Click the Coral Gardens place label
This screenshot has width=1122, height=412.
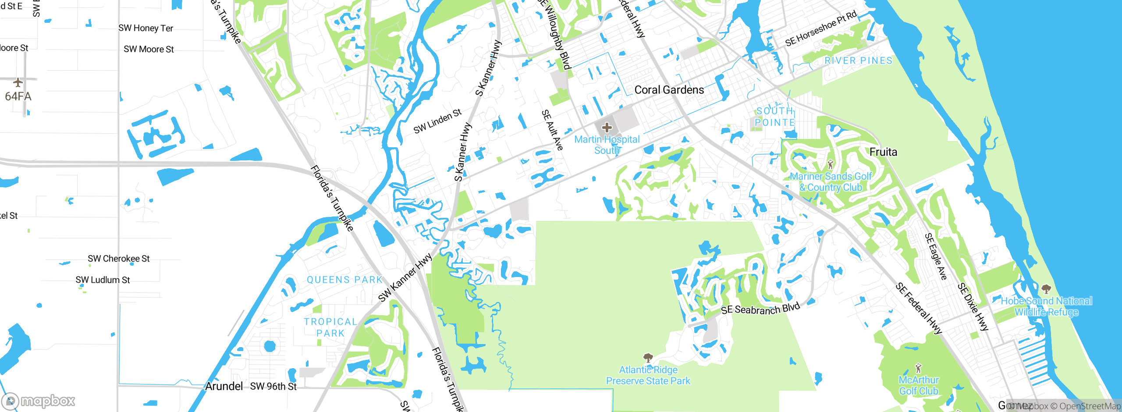click(x=669, y=90)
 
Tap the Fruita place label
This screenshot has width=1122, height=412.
click(x=883, y=152)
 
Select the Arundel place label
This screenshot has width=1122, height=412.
click(x=224, y=386)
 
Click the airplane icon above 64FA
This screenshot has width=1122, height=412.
click(x=18, y=82)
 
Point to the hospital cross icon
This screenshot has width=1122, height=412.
click(x=607, y=128)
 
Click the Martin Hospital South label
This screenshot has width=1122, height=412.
click(x=607, y=145)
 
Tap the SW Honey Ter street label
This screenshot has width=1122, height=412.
click(x=146, y=28)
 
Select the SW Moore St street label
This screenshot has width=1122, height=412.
click(x=149, y=49)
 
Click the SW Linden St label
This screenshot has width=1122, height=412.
click(x=437, y=121)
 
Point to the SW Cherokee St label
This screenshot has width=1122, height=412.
click(x=119, y=259)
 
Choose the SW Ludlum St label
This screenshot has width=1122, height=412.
click(x=103, y=280)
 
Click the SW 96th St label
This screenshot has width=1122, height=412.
click(x=273, y=387)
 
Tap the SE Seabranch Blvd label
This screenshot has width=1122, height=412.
click(x=760, y=309)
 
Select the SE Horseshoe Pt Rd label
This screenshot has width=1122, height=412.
click(x=820, y=28)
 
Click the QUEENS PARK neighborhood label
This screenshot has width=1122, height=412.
click(x=345, y=280)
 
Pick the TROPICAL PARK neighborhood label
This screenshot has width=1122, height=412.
click(x=331, y=327)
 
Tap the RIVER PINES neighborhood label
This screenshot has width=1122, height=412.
click(x=858, y=60)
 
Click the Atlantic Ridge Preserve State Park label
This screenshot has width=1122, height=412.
click(x=648, y=376)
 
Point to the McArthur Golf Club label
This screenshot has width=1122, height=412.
click(x=919, y=385)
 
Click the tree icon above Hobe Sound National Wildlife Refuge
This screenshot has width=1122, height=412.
click(x=1046, y=289)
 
